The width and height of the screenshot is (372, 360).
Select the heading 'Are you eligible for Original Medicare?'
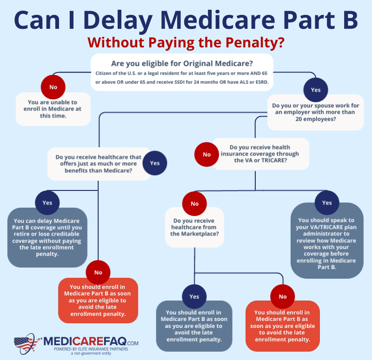coord(182,64)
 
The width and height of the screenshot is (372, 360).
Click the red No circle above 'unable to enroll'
coord(53,87)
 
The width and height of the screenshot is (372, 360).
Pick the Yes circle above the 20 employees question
coord(316,90)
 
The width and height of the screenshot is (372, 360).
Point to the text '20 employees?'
coord(316,119)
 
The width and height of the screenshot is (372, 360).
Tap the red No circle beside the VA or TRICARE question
coord(206,155)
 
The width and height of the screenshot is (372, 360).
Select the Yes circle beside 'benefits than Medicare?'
coord(155,163)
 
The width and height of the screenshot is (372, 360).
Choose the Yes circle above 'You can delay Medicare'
coord(47,203)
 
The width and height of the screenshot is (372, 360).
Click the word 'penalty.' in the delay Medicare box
coord(47,254)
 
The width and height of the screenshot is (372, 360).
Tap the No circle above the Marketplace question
coord(194,203)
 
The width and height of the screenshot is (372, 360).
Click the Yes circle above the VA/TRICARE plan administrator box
coord(327,203)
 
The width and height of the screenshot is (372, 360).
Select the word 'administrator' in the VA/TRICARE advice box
coord(326,234)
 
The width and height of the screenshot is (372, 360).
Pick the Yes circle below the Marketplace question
coord(194,296)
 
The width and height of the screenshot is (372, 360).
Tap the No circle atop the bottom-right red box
coord(283,296)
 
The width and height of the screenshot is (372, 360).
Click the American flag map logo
coord(27,344)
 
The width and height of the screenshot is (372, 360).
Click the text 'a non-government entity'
coord(91,353)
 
